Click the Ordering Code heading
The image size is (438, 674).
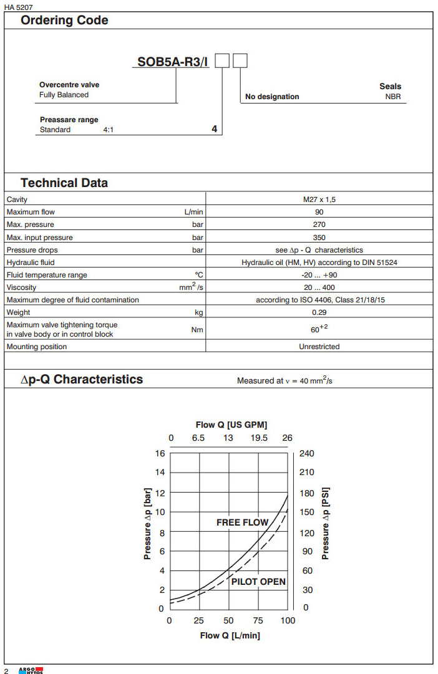[64, 20]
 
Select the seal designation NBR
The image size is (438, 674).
[393, 97]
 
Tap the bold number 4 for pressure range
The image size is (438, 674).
[215, 130]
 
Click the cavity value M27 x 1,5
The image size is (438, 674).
[319, 200]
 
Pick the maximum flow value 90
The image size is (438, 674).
[319, 212]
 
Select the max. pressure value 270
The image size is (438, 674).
[319, 224]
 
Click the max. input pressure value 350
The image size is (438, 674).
[319, 238]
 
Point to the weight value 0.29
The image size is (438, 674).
[319, 312]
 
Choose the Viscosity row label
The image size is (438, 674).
[21, 287]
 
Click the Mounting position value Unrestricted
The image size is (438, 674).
[319, 347]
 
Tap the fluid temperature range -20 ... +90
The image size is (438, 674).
[319, 275]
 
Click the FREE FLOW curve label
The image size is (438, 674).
[242, 522]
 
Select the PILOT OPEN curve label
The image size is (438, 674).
[258, 582]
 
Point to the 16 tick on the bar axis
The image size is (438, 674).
[160, 453]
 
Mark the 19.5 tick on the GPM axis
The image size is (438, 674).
[259, 438]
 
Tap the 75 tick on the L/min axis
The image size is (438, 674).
[258, 620]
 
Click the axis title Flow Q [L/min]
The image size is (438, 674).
[230, 635]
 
